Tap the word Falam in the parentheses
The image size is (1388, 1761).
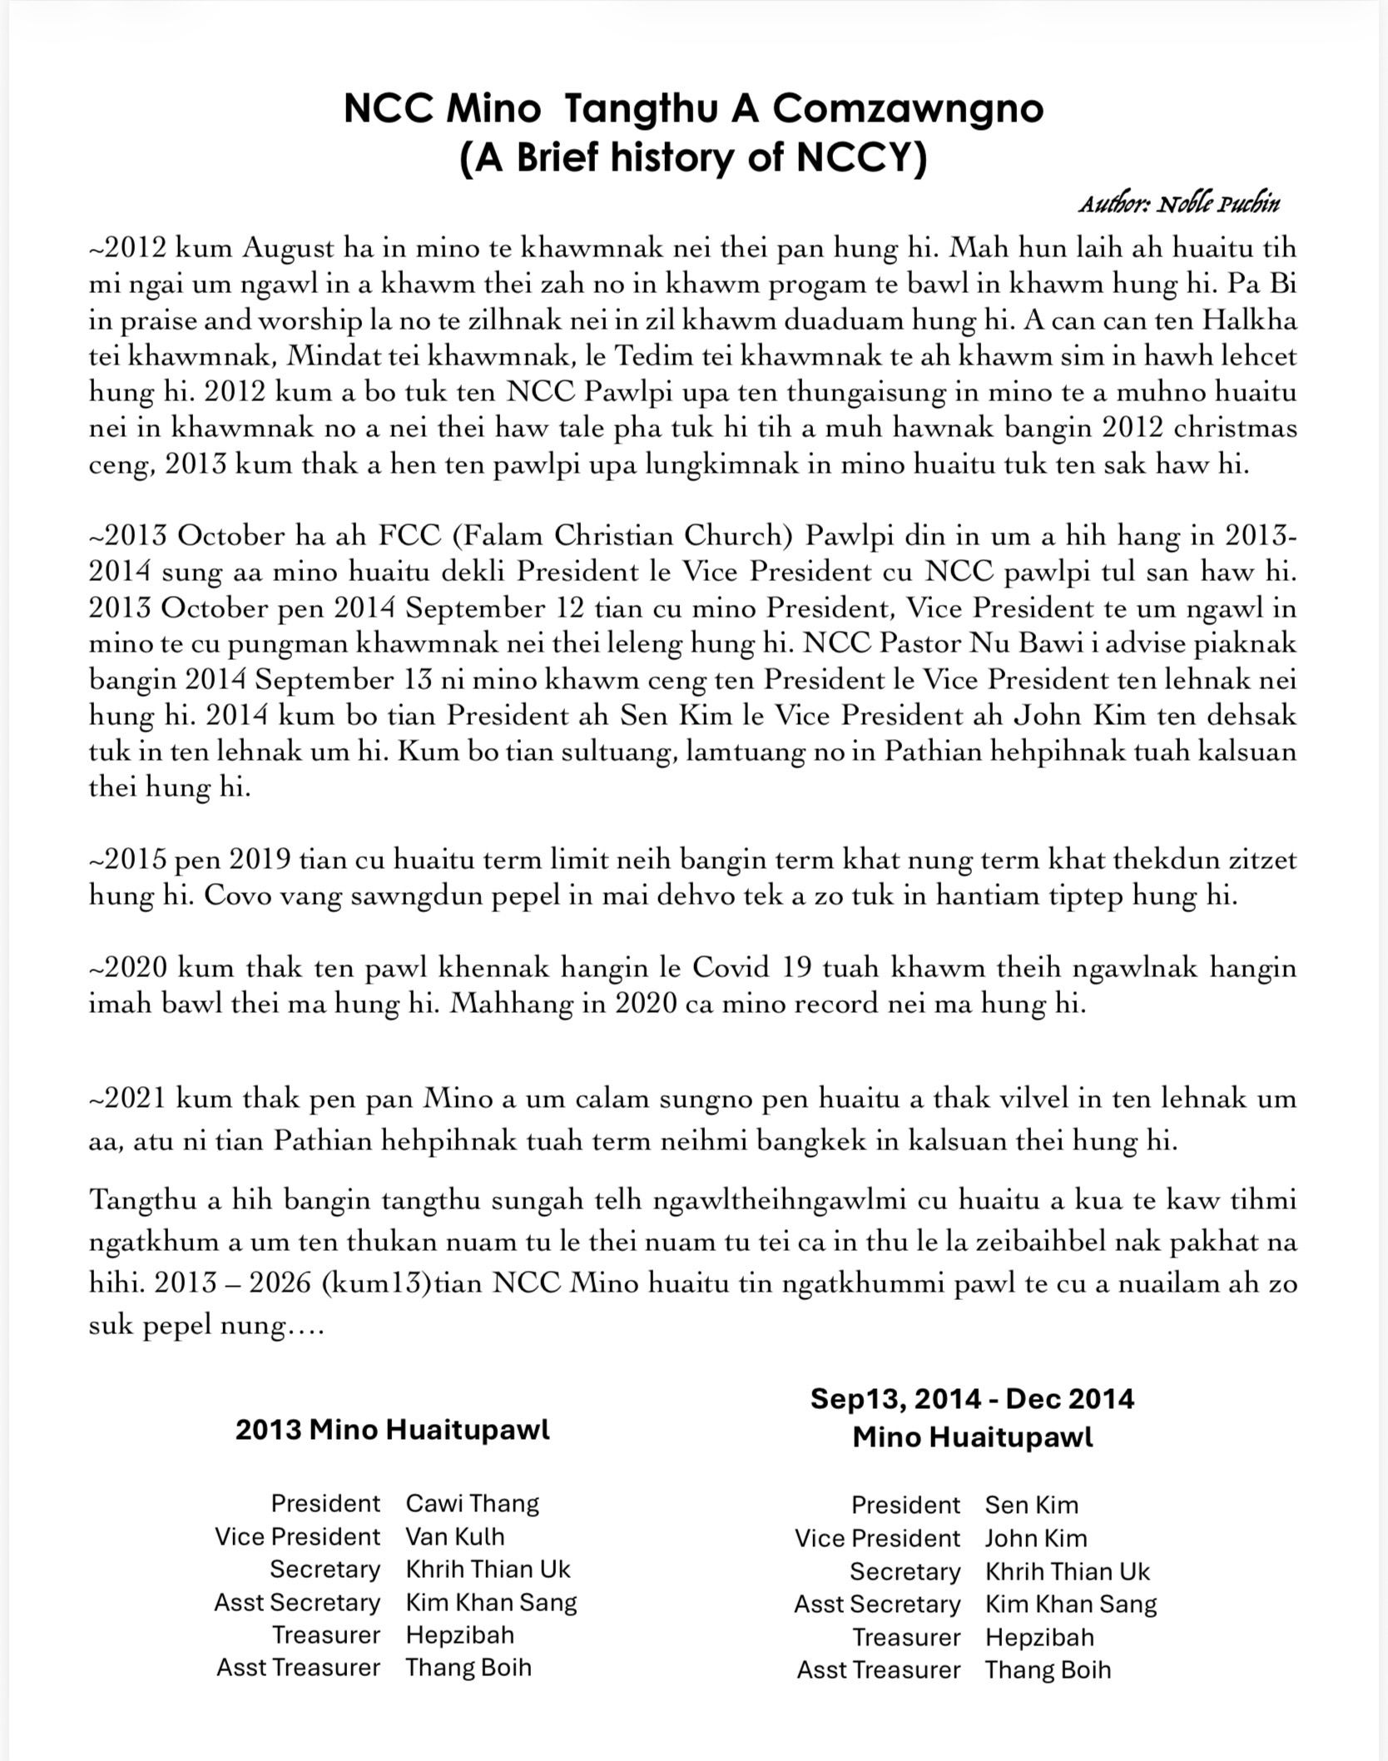(498, 535)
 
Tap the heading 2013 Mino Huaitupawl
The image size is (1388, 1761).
(393, 1430)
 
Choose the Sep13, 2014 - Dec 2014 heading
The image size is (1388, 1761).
(972, 1398)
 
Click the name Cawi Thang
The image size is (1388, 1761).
(472, 1503)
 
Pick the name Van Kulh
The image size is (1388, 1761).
(454, 1536)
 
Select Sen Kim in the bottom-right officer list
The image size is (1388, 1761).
(1031, 1505)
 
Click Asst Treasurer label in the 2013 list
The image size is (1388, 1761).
(298, 1667)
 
